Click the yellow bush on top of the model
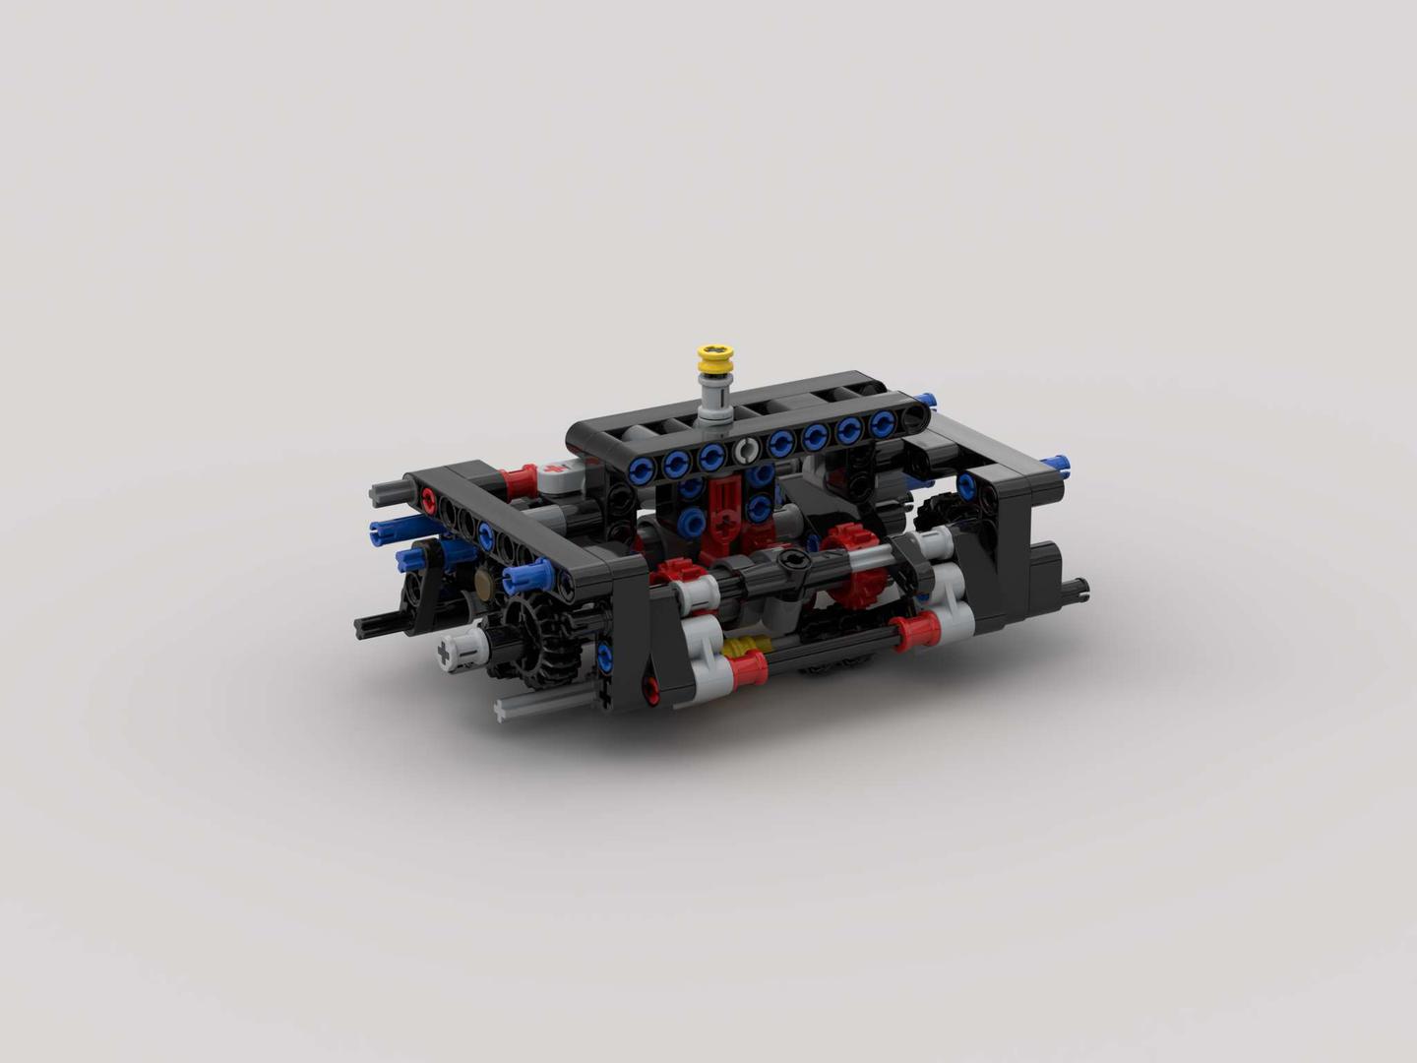coord(716,359)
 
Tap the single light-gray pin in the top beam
coord(745,452)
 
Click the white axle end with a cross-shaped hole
coord(452,651)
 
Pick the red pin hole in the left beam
coord(428,501)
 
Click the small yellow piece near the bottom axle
coord(742,648)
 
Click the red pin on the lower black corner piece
coord(649,690)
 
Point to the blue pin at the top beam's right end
coord(924,400)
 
